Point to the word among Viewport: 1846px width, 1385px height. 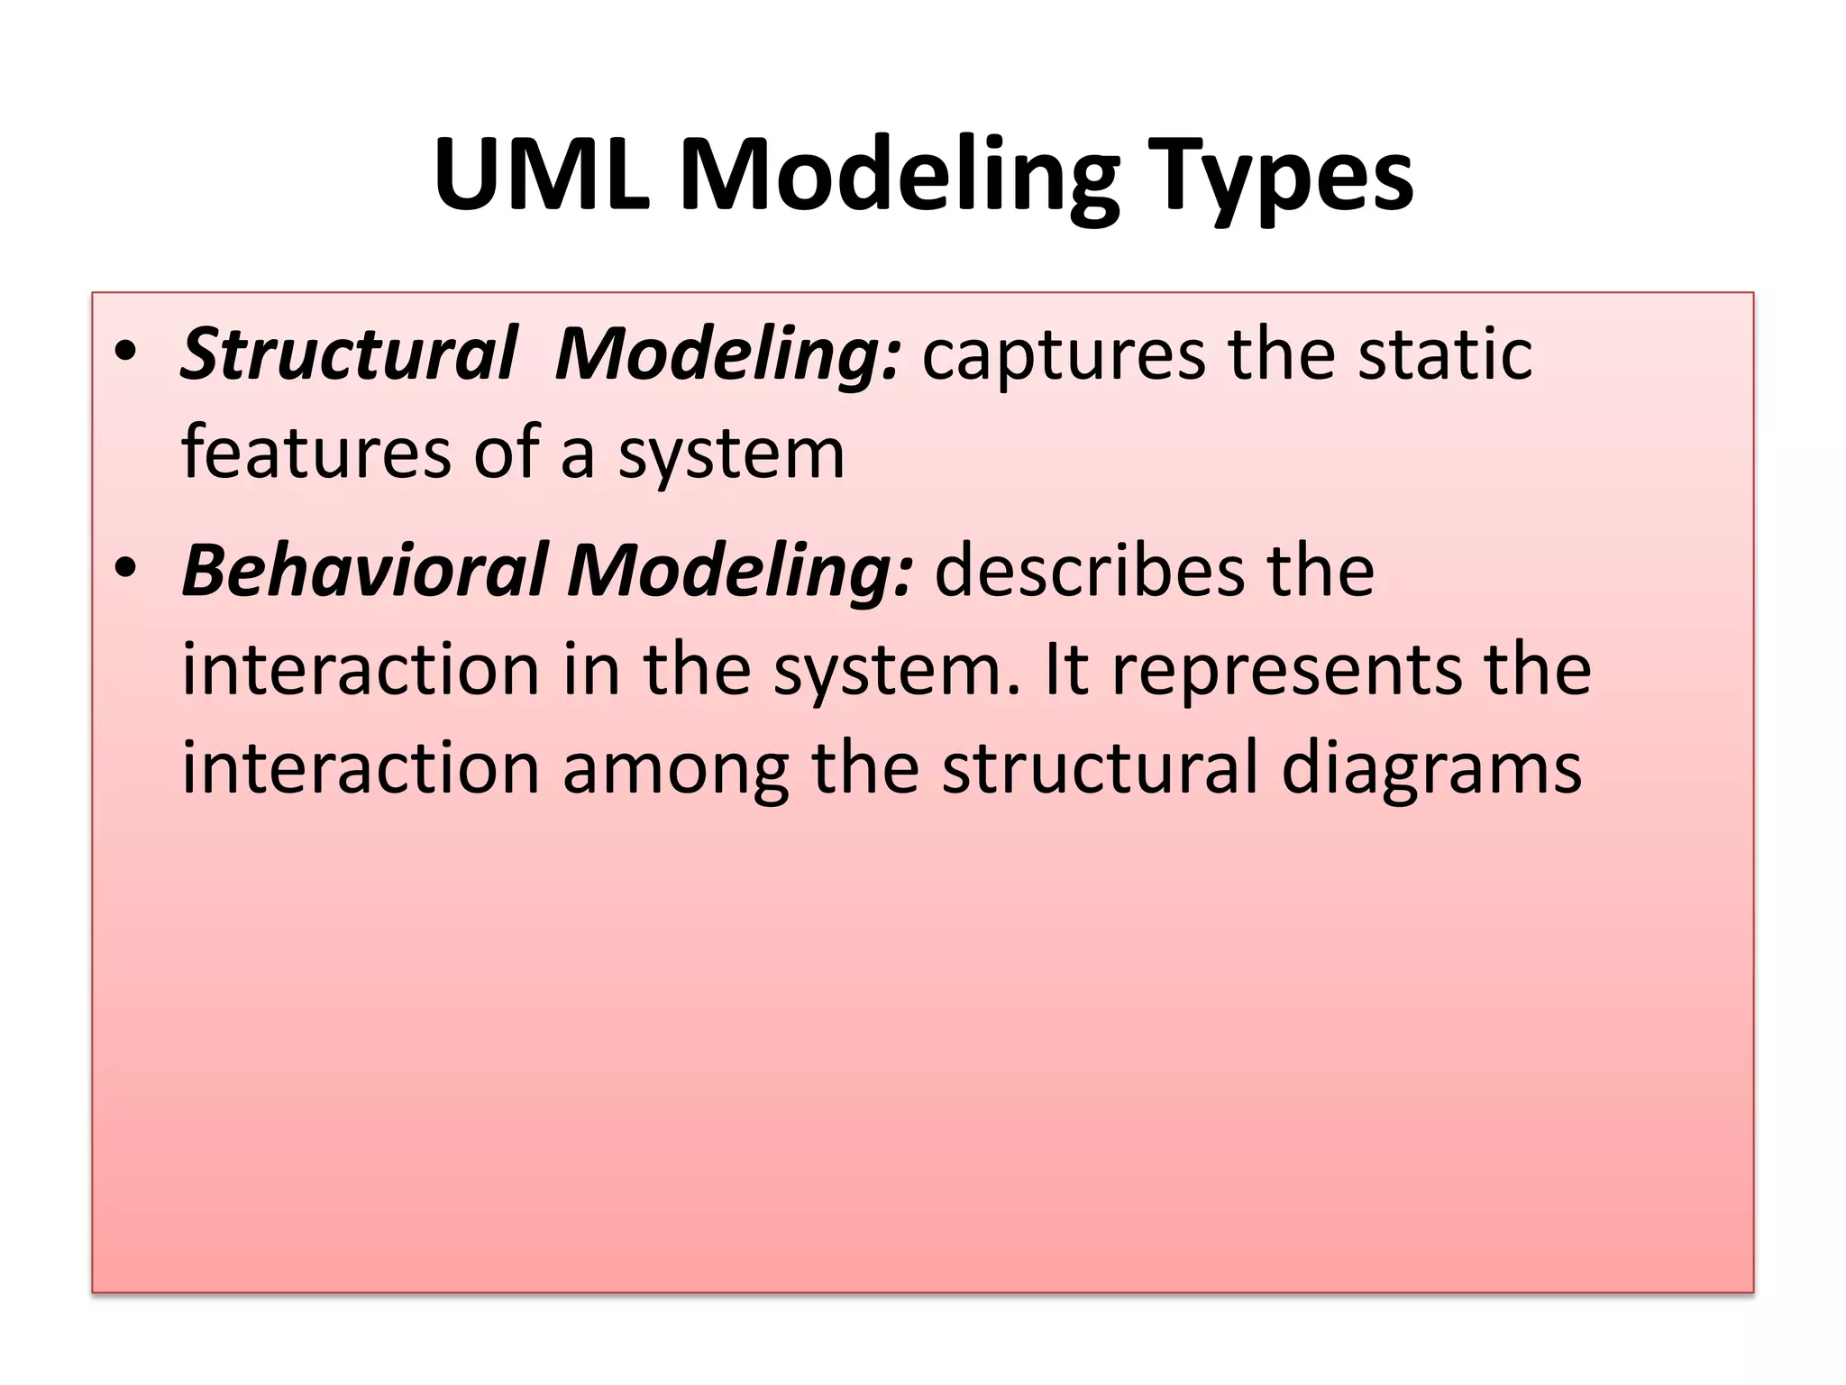676,771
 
